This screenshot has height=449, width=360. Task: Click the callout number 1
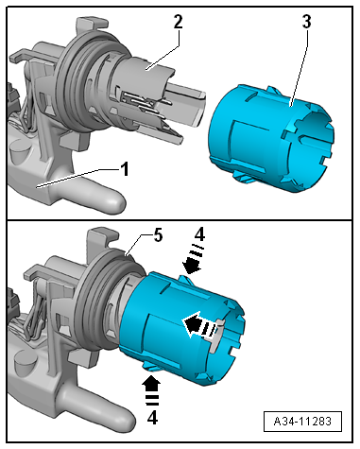(125, 169)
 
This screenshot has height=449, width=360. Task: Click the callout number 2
(178, 22)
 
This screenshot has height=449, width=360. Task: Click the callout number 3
(306, 22)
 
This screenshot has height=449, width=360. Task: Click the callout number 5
(158, 235)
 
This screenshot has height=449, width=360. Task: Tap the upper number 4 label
(199, 234)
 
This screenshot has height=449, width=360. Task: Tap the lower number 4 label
(152, 418)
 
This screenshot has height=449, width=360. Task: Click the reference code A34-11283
(302, 421)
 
